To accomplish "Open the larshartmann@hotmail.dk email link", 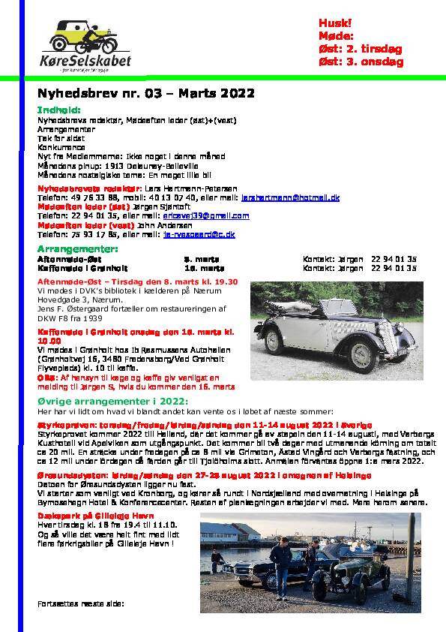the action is (290, 197).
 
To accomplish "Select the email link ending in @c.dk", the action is (199, 234).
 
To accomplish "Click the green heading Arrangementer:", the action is (78, 248).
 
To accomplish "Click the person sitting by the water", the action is (216, 559).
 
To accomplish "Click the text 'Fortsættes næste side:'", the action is (80, 603).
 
